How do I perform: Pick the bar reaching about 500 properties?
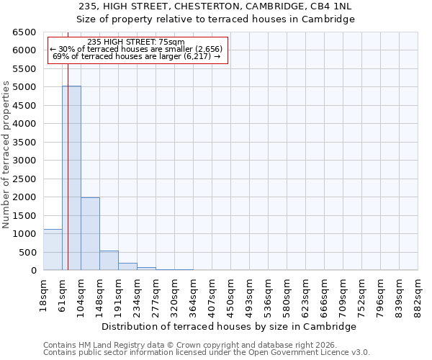tap(109, 261)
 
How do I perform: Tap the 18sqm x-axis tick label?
tap(44, 292)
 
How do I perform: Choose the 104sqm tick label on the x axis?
tap(81, 294)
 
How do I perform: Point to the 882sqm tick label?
tap(418, 294)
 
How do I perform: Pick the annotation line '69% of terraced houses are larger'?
tap(136, 56)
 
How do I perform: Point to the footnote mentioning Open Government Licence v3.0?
tap(207, 352)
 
